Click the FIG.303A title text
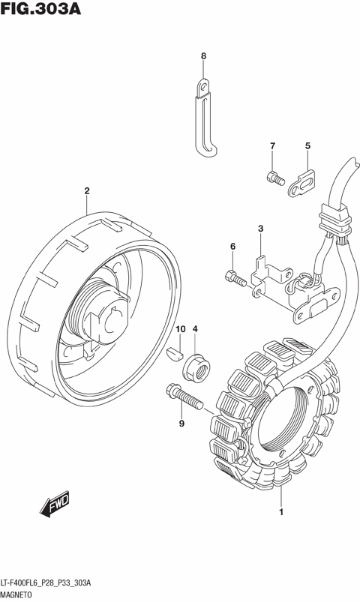click(40, 8)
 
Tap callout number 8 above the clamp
click(204, 56)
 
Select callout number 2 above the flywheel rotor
click(87, 190)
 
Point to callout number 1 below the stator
click(281, 512)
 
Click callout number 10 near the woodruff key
click(180, 329)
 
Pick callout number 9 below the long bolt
click(181, 424)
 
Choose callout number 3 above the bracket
click(260, 229)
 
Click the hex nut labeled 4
click(196, 367)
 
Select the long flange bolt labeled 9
click(184, 397)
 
